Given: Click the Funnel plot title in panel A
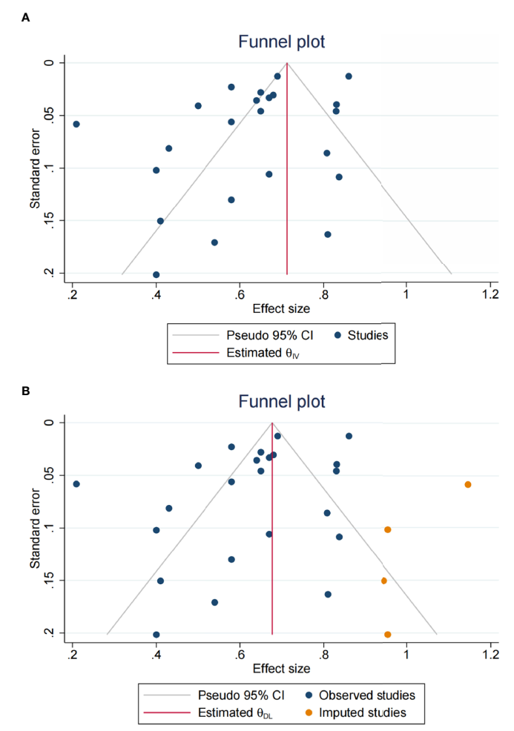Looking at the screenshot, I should [281, 42].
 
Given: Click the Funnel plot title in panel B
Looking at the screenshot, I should [281, 402].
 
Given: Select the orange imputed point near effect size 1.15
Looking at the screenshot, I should [468, 484].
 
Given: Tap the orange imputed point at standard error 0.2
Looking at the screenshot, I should [388, 635].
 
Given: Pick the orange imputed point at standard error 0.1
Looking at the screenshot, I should [388, 529].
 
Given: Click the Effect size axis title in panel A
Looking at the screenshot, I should [281, 308].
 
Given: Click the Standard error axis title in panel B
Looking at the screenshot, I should [36, 527].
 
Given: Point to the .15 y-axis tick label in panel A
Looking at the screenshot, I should [48, 221].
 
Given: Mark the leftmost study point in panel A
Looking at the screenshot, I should [76, 124].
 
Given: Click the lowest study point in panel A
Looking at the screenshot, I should [156, 274].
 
